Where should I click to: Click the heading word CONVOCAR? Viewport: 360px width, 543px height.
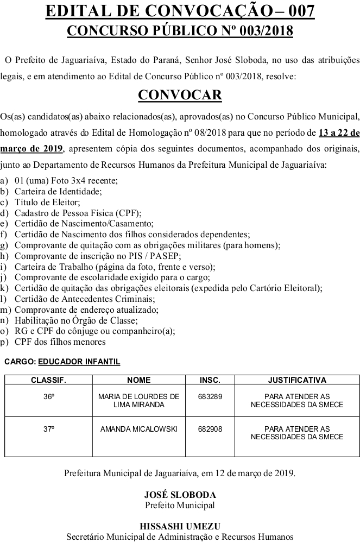(180, 95)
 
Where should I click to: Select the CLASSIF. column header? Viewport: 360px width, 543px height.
(48, 380)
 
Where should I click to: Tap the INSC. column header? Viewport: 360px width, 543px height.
(210, 380)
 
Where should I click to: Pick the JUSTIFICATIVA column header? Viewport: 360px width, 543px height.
(297, 380)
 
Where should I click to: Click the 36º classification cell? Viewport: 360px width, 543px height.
(49, 397)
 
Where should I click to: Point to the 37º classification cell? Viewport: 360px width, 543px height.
(49, 429)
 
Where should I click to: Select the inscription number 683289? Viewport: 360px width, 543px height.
(210, 397)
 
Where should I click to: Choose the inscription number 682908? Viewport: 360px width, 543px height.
(210, 429)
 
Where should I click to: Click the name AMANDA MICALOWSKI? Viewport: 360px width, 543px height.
(139, 429)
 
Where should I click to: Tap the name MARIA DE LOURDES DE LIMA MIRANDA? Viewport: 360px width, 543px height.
(139, 401)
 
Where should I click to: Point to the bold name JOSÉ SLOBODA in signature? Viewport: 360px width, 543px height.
(180, 495)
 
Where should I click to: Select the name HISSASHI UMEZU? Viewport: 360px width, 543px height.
(180, 526)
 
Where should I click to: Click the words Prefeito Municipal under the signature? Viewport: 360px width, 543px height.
(180, 505)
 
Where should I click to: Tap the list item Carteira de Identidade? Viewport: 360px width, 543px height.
(58, 191)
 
